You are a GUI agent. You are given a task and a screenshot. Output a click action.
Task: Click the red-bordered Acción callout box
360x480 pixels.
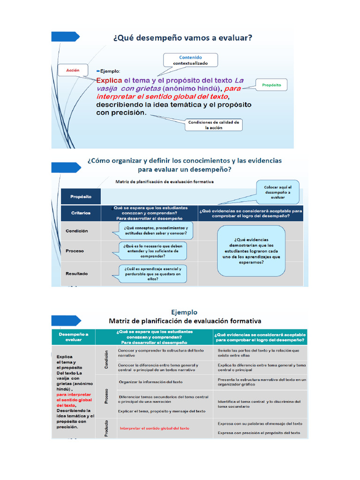(73, 70)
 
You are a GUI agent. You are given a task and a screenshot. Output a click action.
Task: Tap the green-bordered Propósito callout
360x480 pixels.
(271, 85)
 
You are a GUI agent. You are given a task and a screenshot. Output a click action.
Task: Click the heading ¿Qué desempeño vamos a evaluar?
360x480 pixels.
(182, 39)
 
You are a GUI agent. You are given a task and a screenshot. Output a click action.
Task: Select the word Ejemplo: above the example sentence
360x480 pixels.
(109, 71)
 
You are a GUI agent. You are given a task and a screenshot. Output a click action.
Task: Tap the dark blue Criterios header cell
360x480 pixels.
(80, 212)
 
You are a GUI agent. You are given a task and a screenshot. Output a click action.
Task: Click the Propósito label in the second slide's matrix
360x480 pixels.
(80, 197)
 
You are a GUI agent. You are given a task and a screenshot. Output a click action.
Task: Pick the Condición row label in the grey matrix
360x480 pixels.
(76, 231)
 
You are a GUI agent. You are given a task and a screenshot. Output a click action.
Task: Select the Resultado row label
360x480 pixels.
(76, 273)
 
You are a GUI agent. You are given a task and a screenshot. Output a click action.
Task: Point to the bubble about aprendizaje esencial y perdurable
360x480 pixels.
(153, 274)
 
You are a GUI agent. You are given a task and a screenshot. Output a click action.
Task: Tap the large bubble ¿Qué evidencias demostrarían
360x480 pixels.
(251, 250)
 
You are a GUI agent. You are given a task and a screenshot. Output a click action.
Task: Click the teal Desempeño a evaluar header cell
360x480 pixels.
(73, 337)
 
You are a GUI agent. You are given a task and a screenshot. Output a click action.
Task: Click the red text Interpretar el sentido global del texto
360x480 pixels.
(155, 428)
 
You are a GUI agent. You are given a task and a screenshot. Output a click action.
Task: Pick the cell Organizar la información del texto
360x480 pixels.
(151, 382)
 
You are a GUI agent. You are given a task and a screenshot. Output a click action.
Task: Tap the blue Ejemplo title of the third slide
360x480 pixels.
(184, 312)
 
